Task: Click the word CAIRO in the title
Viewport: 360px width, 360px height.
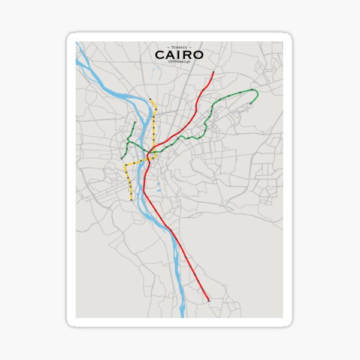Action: click(x=179, y=55)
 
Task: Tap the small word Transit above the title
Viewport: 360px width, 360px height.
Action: click(x=179, y=47)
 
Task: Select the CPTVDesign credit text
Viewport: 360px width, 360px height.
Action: click(x=179, y=62)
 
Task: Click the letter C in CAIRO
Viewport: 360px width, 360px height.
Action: click(x=160, y=55)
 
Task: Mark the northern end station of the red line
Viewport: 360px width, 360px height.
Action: click(x=214, y=73)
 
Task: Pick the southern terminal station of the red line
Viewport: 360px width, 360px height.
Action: click(x=208, y=300)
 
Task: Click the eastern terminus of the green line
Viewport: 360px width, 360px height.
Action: click(x=250, y=104)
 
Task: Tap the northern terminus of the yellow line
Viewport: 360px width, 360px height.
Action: click(x=150, y=99)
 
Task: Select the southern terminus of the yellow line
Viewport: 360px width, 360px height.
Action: click(x=131, y=200)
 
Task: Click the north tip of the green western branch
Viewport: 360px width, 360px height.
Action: click(x=134, y=122)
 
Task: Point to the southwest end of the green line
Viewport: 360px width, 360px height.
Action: click(x=122, y=158)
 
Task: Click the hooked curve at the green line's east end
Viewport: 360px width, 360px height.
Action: click(x=256, y=94)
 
